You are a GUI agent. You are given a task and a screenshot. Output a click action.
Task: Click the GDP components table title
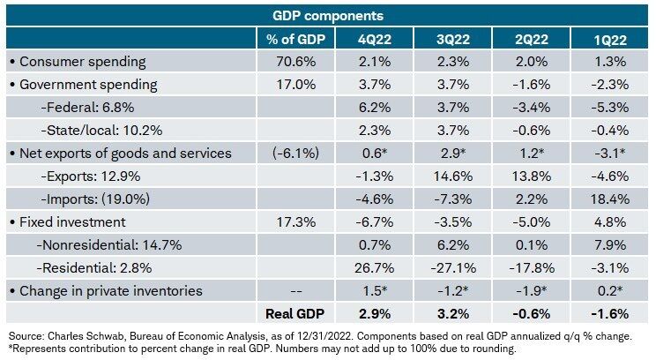(x=328, y=15)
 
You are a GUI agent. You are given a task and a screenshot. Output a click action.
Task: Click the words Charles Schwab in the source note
(x=82, y=337)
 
